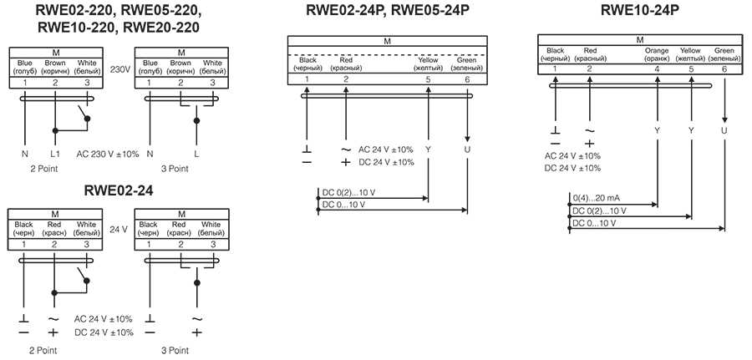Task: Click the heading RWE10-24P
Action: coord(639,11)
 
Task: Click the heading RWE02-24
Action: coord(119,190)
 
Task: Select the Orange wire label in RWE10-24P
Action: coord(657,51)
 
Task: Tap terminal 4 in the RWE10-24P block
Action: coord(657,69)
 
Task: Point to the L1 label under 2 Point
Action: coord(55,155)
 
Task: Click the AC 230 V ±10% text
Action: coord(108,155)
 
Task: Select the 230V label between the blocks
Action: coord(119,68)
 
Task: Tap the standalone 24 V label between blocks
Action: coord(119,229)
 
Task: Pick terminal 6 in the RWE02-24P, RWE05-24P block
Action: coord(466,79)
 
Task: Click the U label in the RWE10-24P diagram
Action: coord(724,130)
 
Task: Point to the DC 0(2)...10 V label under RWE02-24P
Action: coord(348,193)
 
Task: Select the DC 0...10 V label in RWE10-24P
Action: coord(594,223)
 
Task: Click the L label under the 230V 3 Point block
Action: coord(196,155)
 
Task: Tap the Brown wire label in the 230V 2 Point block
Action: coord(55,63)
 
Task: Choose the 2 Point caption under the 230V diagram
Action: coord(43,169)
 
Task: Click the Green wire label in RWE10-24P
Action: coord(724,51)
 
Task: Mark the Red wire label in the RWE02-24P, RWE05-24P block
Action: coord(346,61)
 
